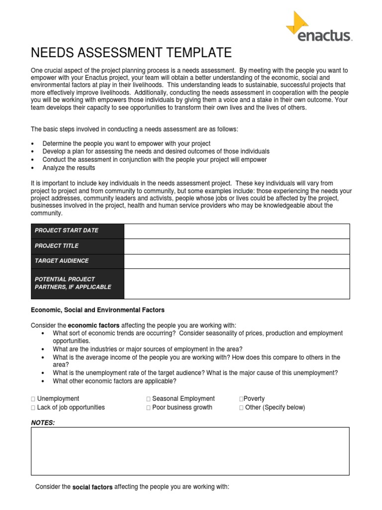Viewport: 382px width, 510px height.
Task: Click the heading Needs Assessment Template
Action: (131, 52)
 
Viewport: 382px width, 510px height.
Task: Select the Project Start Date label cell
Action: (77, 231)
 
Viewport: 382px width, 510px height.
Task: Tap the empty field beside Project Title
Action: (236, 246)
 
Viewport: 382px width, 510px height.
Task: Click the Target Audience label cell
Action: (77, 261)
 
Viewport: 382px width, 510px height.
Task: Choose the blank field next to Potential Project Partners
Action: (236, 283)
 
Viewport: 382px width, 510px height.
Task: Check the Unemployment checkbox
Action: (33, 399)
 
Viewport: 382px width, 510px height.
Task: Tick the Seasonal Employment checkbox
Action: (148, 399)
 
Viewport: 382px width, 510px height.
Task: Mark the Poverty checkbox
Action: (241, 399)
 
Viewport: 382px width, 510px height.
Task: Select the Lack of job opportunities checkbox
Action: (33, 408)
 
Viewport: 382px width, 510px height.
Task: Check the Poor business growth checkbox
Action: (148, 408)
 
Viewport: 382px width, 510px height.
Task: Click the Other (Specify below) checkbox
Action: (241, 408)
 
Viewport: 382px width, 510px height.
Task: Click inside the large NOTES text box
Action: (190, 451)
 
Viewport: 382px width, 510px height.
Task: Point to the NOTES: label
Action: (43, 423)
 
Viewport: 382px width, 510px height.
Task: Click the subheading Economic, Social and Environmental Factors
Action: (97, 310)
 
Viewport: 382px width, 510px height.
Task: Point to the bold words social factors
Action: (93, 487)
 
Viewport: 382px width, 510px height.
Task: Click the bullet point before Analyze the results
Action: (33, 168)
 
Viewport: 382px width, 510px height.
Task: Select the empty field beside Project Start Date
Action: (236, 231)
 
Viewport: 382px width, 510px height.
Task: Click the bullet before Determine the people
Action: (33, 143)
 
